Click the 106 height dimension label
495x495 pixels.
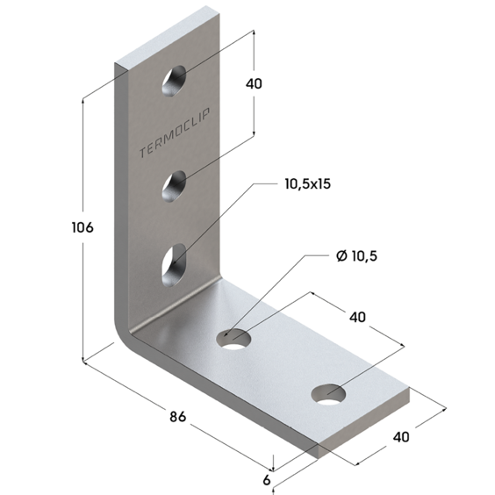(x=82, y=227)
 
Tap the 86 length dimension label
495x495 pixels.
(x=178, y=417)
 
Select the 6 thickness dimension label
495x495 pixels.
(x=267, y=480)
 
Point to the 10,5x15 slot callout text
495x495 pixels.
(x=308, y=183)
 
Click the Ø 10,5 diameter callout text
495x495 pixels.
(x=356, y=255)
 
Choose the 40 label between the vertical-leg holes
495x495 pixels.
(x=254, y=83)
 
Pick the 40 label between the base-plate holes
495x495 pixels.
(x=357, y=317)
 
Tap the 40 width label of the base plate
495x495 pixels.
(x=401, y=437)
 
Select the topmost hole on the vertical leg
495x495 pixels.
(x=174, y=80)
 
